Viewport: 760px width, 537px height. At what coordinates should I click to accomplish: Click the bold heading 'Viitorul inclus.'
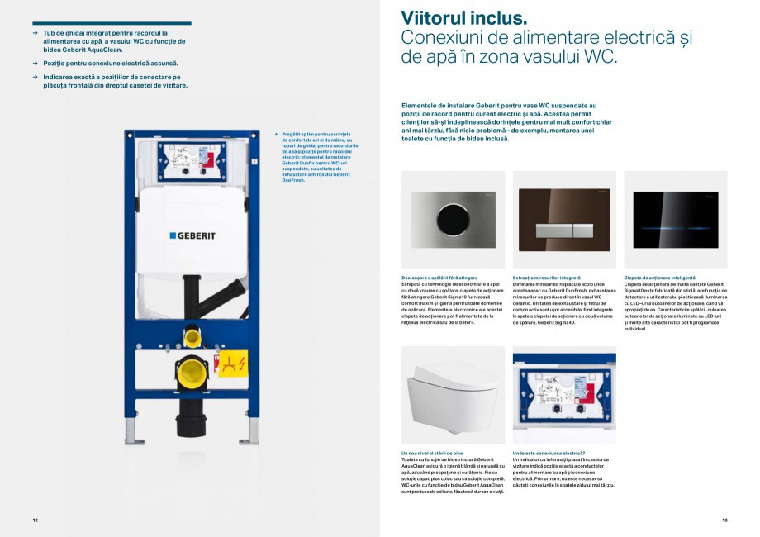463,18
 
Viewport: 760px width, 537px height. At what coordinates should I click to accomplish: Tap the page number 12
36,520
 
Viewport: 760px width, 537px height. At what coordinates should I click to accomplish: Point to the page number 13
724,520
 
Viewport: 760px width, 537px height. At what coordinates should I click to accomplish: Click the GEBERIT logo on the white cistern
192,235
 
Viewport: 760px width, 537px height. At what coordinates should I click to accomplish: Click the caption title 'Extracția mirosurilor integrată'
547,278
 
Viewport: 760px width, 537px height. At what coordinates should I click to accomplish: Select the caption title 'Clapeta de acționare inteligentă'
660,278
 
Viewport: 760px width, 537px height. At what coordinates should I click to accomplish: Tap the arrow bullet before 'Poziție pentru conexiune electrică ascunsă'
35,63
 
